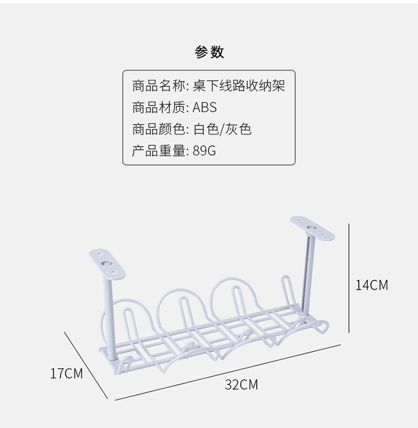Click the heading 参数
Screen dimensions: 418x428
pos(209,52)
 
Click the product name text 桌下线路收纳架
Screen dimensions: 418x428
pos(240,86)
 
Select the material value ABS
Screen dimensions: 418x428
pos(205,108)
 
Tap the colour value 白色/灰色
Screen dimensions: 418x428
pos(222,129)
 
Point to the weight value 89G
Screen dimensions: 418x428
pos(204,151)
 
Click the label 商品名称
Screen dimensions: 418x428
pos(158,86)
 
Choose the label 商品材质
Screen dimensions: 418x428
pos(158,108)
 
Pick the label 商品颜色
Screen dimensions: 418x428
pos(158,129)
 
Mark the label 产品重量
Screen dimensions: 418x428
pos(158,151)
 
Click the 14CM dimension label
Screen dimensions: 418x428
pos(371,285)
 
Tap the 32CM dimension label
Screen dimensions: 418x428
pos(241,384)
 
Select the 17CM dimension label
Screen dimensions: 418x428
pos(66,373)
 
